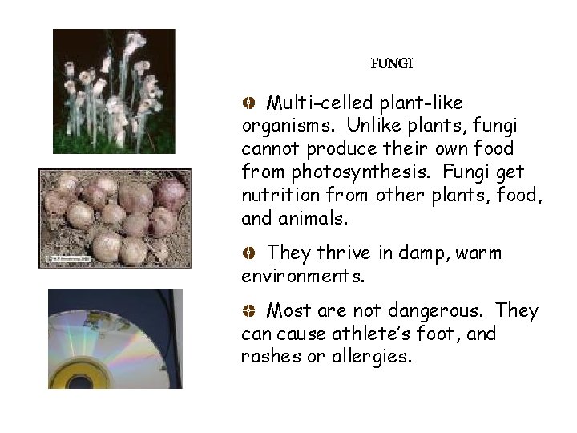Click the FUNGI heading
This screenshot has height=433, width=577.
(x=392, y=63)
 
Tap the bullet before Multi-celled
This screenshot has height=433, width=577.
(x=249, y=103)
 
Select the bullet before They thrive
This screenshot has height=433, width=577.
(x=249, y=254)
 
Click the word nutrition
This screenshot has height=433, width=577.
(x=276, y=196)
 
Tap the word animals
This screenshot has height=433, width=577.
(x=313, y=219)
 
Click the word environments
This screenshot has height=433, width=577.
(x=302, y=277)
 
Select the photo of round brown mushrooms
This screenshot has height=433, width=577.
(x=115, y=218)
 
